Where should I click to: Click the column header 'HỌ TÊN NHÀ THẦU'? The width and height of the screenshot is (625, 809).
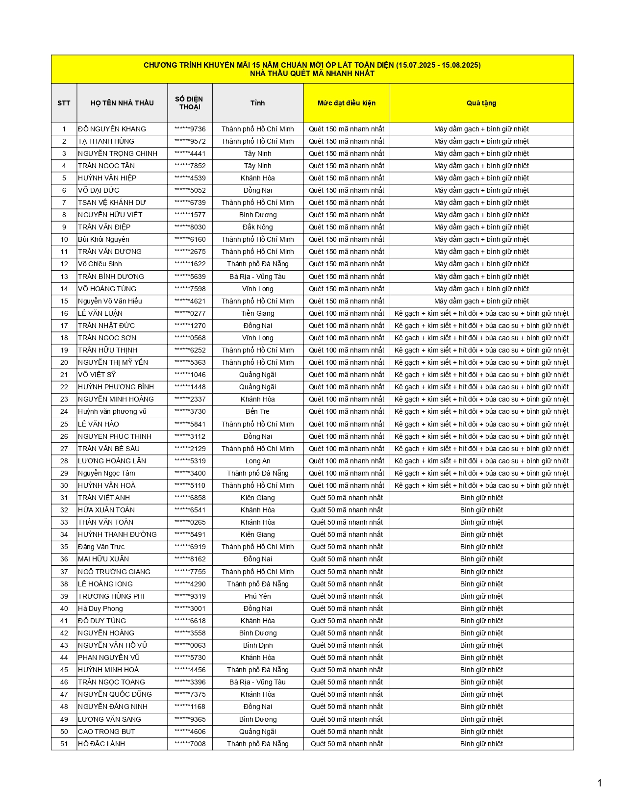(x=122, y=103)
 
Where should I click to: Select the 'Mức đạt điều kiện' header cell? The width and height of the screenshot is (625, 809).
(x=346, y=103)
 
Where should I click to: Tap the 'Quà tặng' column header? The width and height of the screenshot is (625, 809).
(x=481, y=103)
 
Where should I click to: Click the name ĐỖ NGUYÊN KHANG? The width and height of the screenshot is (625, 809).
(x=112, y=129)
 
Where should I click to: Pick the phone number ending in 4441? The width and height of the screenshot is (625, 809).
(x=190, y=153)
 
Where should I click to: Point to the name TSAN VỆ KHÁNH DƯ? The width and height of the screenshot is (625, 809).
(x=112, y=202)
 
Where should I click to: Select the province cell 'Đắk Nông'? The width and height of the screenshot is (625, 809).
(x=257, y=227)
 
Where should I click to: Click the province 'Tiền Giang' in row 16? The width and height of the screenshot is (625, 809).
(x=257, y=313)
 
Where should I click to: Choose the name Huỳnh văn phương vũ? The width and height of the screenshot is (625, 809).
(x=112, y=411)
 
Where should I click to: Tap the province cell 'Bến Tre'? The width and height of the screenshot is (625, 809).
(x=257, y=411)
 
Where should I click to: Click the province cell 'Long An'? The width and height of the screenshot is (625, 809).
(x=257, y=461)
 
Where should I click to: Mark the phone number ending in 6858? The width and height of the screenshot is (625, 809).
(x=190, y=498)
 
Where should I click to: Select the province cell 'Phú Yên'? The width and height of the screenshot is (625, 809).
(x=257, y=596)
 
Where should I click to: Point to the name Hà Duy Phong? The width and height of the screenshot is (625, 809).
(x=100, y=608)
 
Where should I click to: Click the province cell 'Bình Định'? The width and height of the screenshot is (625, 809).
(x=257, y=645)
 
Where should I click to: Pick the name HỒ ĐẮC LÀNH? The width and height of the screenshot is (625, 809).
(x=101, y=744)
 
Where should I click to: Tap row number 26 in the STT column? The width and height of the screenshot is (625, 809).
(x=64, y=436)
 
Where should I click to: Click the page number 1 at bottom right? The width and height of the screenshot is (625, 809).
(x=599, y=783)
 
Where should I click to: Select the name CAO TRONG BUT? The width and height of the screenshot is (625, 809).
(x=106, y=732)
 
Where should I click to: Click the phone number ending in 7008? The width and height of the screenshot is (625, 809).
(x=190, y=744)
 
